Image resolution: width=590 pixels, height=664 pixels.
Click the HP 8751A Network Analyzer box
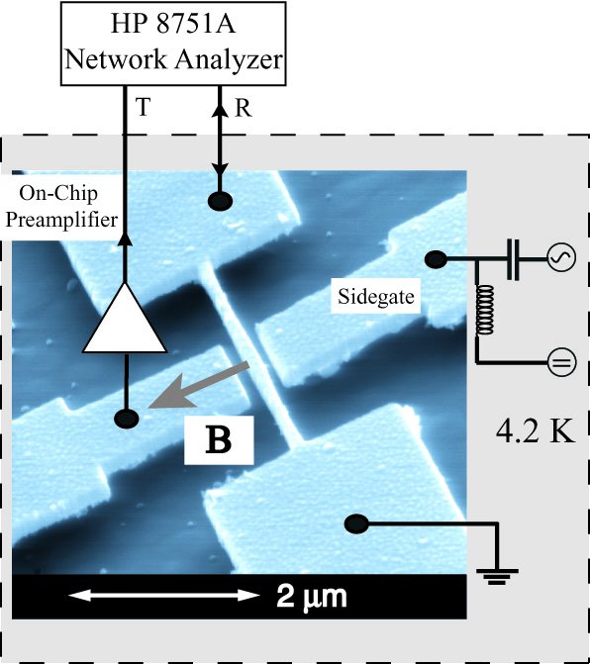coord(173,44)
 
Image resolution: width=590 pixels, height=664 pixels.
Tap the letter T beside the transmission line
coord(144,107)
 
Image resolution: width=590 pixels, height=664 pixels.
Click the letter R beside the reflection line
coord(243,109)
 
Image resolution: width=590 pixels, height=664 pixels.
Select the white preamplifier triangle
coord(125,319)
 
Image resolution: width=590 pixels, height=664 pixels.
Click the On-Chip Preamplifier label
coord(61,206)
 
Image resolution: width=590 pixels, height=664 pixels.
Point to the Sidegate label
coord(376,296)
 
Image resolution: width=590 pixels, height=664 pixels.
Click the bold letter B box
coord(219,440)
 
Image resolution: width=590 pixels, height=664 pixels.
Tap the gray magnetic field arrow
coord(198,385)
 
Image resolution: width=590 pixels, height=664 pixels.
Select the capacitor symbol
coord(513,258)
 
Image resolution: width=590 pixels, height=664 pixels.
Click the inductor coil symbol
coord(485,311)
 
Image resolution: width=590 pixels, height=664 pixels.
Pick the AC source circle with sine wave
coord(561,257)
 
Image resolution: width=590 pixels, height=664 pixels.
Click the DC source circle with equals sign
coord(562,363)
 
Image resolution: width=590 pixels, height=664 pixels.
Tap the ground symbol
coord(497,576)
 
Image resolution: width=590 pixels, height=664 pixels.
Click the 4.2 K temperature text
coord(536,431)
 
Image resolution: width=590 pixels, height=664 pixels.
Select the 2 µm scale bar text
coord(311,597)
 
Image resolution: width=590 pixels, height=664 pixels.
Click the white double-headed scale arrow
coord(164,595)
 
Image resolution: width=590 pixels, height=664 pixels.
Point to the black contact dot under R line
coord(220,200)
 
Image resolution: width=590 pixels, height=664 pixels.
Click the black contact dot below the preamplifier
coord(127,419)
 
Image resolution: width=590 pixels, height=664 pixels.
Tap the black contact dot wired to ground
coord(356,524)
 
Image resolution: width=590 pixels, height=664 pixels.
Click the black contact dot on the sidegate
coord(436,259)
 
